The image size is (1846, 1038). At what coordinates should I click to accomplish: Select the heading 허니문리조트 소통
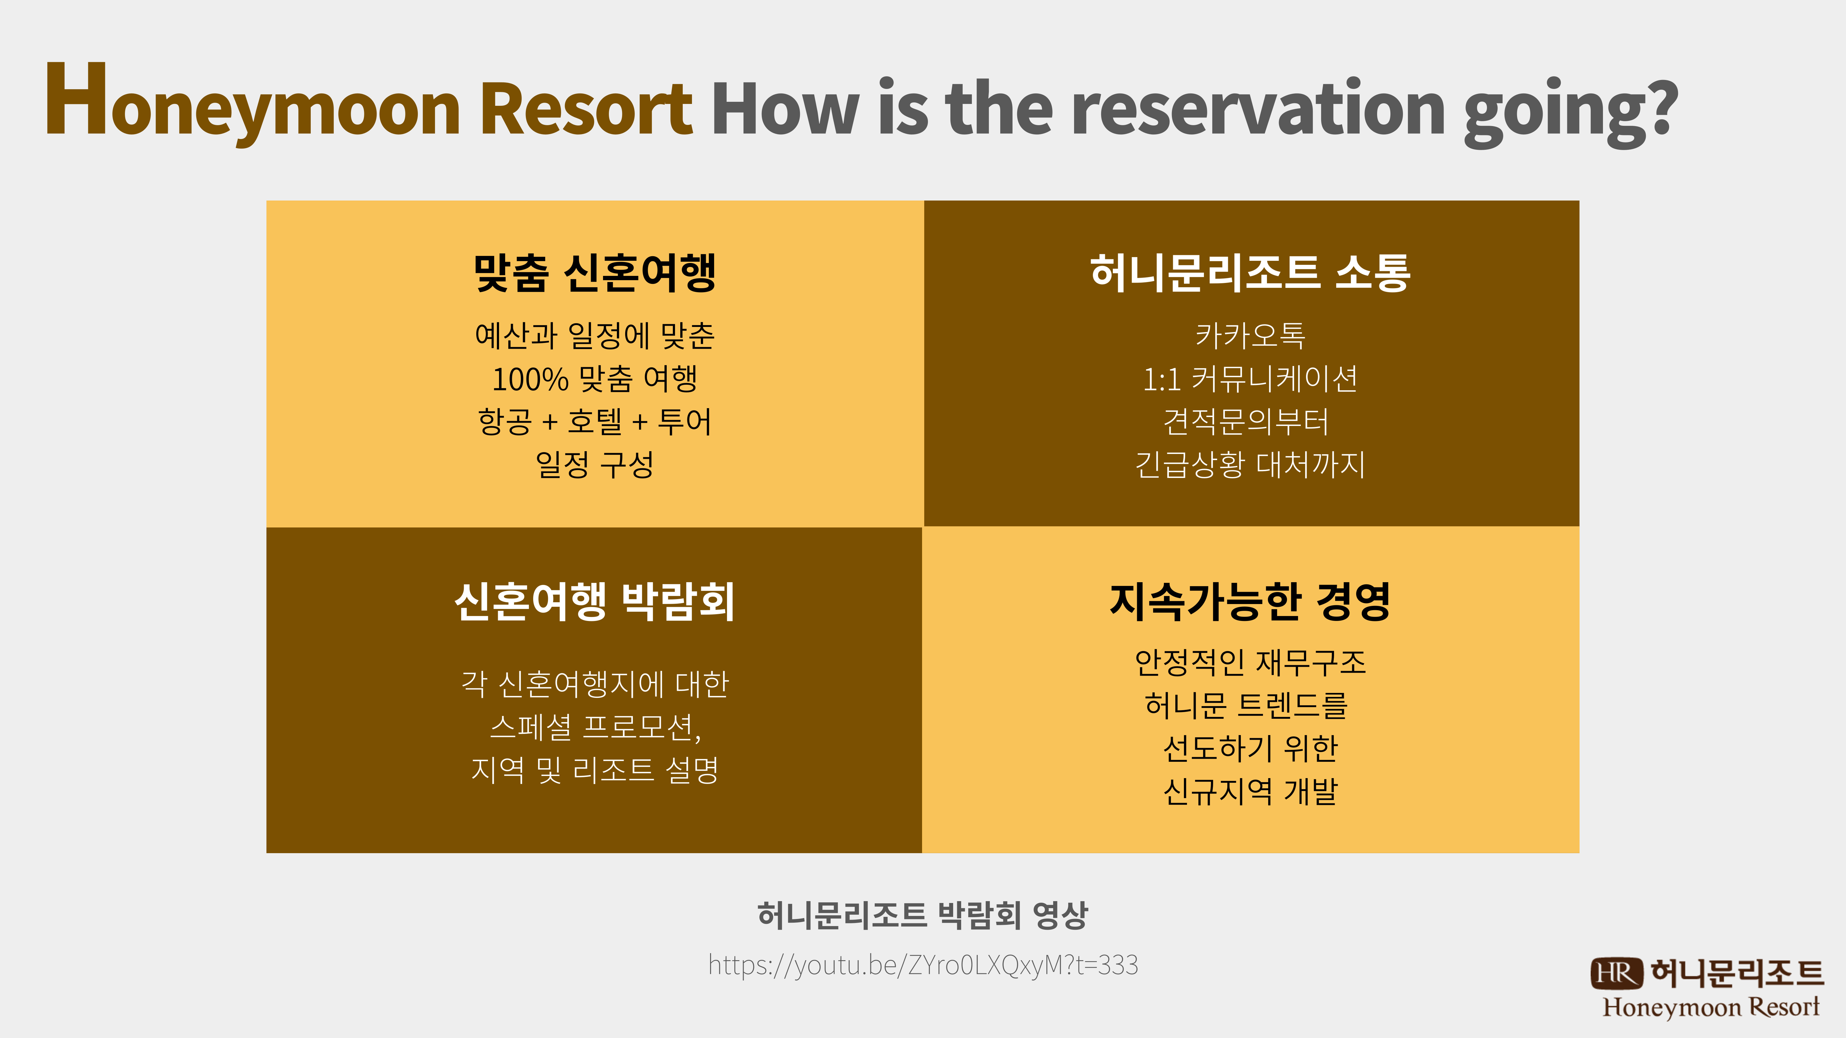tap(1250, 272)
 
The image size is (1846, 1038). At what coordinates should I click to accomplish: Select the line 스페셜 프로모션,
tap(595, 727)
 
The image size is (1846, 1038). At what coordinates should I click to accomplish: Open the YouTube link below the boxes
tap(923, 965)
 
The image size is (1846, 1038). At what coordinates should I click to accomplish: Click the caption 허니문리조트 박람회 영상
tap(923, 915)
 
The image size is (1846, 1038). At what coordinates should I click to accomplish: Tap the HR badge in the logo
tap(1616, 973)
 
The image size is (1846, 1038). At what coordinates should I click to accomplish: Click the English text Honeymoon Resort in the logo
tap(1711, 1007)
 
